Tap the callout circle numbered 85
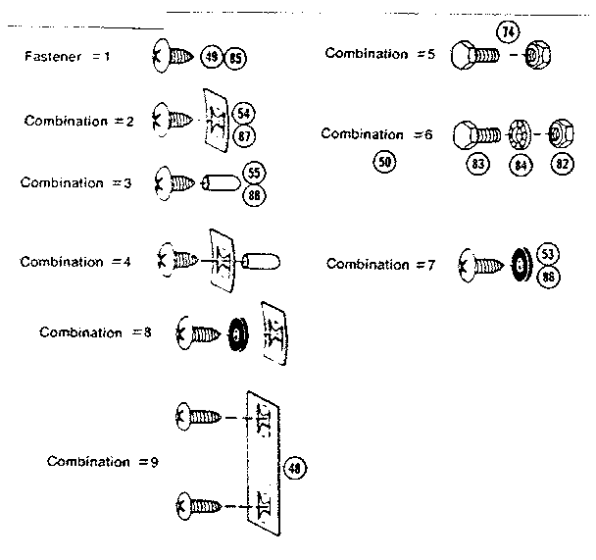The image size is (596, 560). (x=235, y=58)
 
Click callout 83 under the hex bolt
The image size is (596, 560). (x=479, y=164)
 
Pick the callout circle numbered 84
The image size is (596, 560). (x=520, y=164)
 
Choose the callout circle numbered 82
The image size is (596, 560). (x=562, y=164)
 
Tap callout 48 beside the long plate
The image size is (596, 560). (x=293, y=469)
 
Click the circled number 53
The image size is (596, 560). (x=548, y=255)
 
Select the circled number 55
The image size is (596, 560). (x=255, y=173)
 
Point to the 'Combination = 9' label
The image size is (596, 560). (x=102, y=461)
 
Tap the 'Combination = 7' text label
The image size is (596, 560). (x=381, y=264)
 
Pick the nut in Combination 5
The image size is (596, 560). (x=534, y=55)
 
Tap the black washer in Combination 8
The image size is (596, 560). (x=236, y=334)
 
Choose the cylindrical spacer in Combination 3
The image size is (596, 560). (x=219, y=182)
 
